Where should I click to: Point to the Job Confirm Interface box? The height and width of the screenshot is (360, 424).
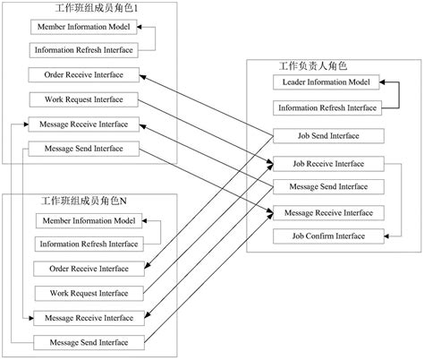pos(328,236)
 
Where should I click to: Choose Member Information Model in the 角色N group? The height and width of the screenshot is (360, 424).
pos(87,221)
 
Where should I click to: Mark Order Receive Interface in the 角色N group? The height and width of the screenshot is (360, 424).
pos(88,269)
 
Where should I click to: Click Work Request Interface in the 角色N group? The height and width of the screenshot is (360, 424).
pos(88,293)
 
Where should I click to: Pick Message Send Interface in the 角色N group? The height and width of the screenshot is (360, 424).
pos(88,342)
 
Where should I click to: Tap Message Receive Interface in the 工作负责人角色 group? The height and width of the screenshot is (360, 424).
pos(328,212)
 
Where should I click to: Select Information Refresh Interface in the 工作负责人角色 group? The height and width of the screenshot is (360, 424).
pos(327,107)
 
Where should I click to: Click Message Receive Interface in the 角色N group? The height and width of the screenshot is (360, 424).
pos(88,318)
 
